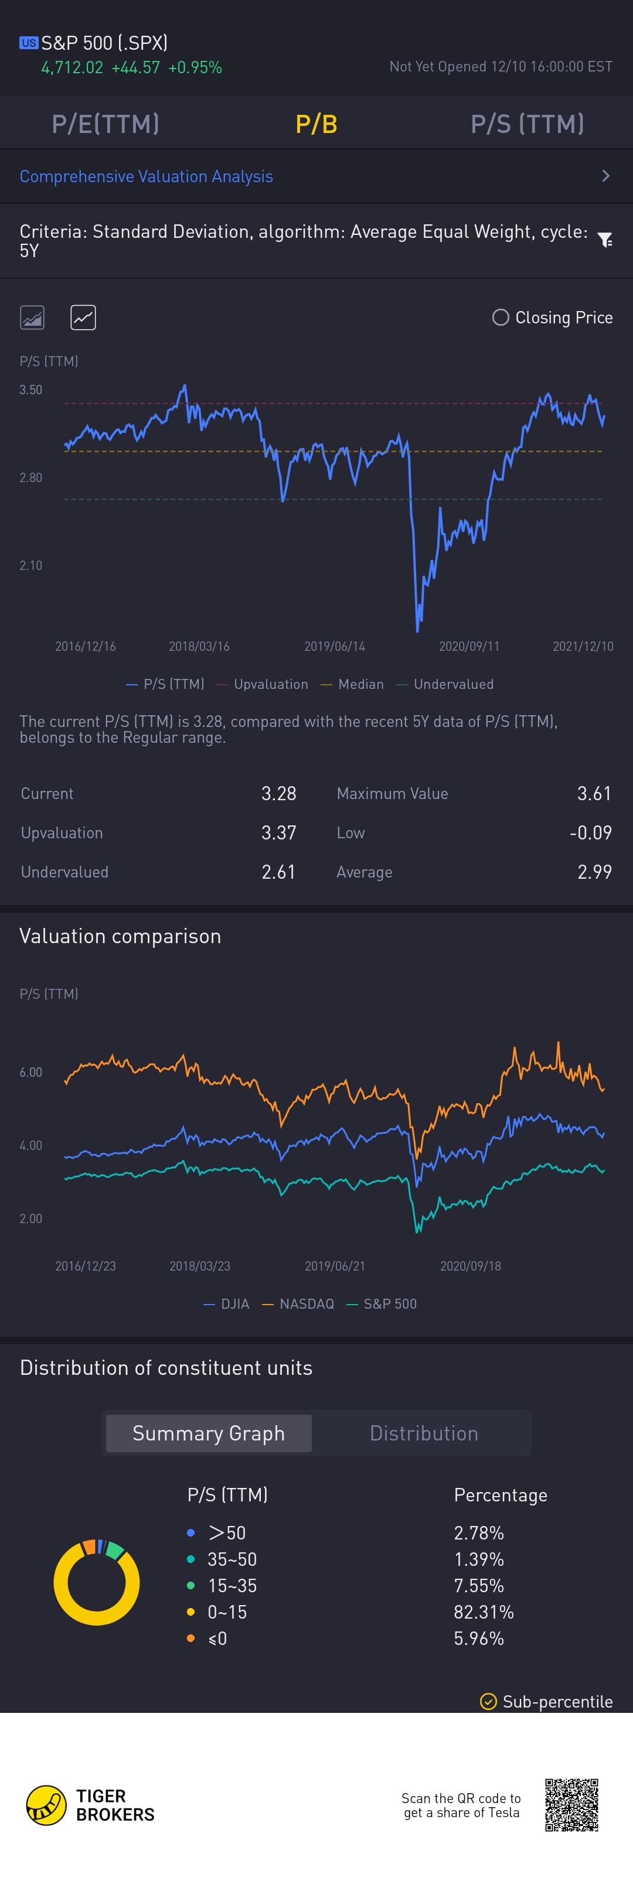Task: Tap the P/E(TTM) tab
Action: pos(105,124)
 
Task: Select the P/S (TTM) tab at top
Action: pos(527,124)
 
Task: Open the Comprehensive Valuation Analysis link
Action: pos(146,177)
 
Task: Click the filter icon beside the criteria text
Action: pos(604,240)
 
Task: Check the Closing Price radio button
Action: pos(501,318)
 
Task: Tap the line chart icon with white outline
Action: pos(83,318)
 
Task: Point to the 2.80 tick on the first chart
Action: pos(31,477)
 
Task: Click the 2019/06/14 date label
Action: pos(335,646)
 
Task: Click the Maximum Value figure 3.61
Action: pos(593,794)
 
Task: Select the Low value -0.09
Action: pos(590,832)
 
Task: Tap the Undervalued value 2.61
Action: pos(278,872)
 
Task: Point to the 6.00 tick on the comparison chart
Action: pos(31,1072)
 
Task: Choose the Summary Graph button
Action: pos(209,1433)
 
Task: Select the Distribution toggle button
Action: pos(424,1433)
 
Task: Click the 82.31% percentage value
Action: pos(484,1612)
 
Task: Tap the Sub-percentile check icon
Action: pos(488,1701)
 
